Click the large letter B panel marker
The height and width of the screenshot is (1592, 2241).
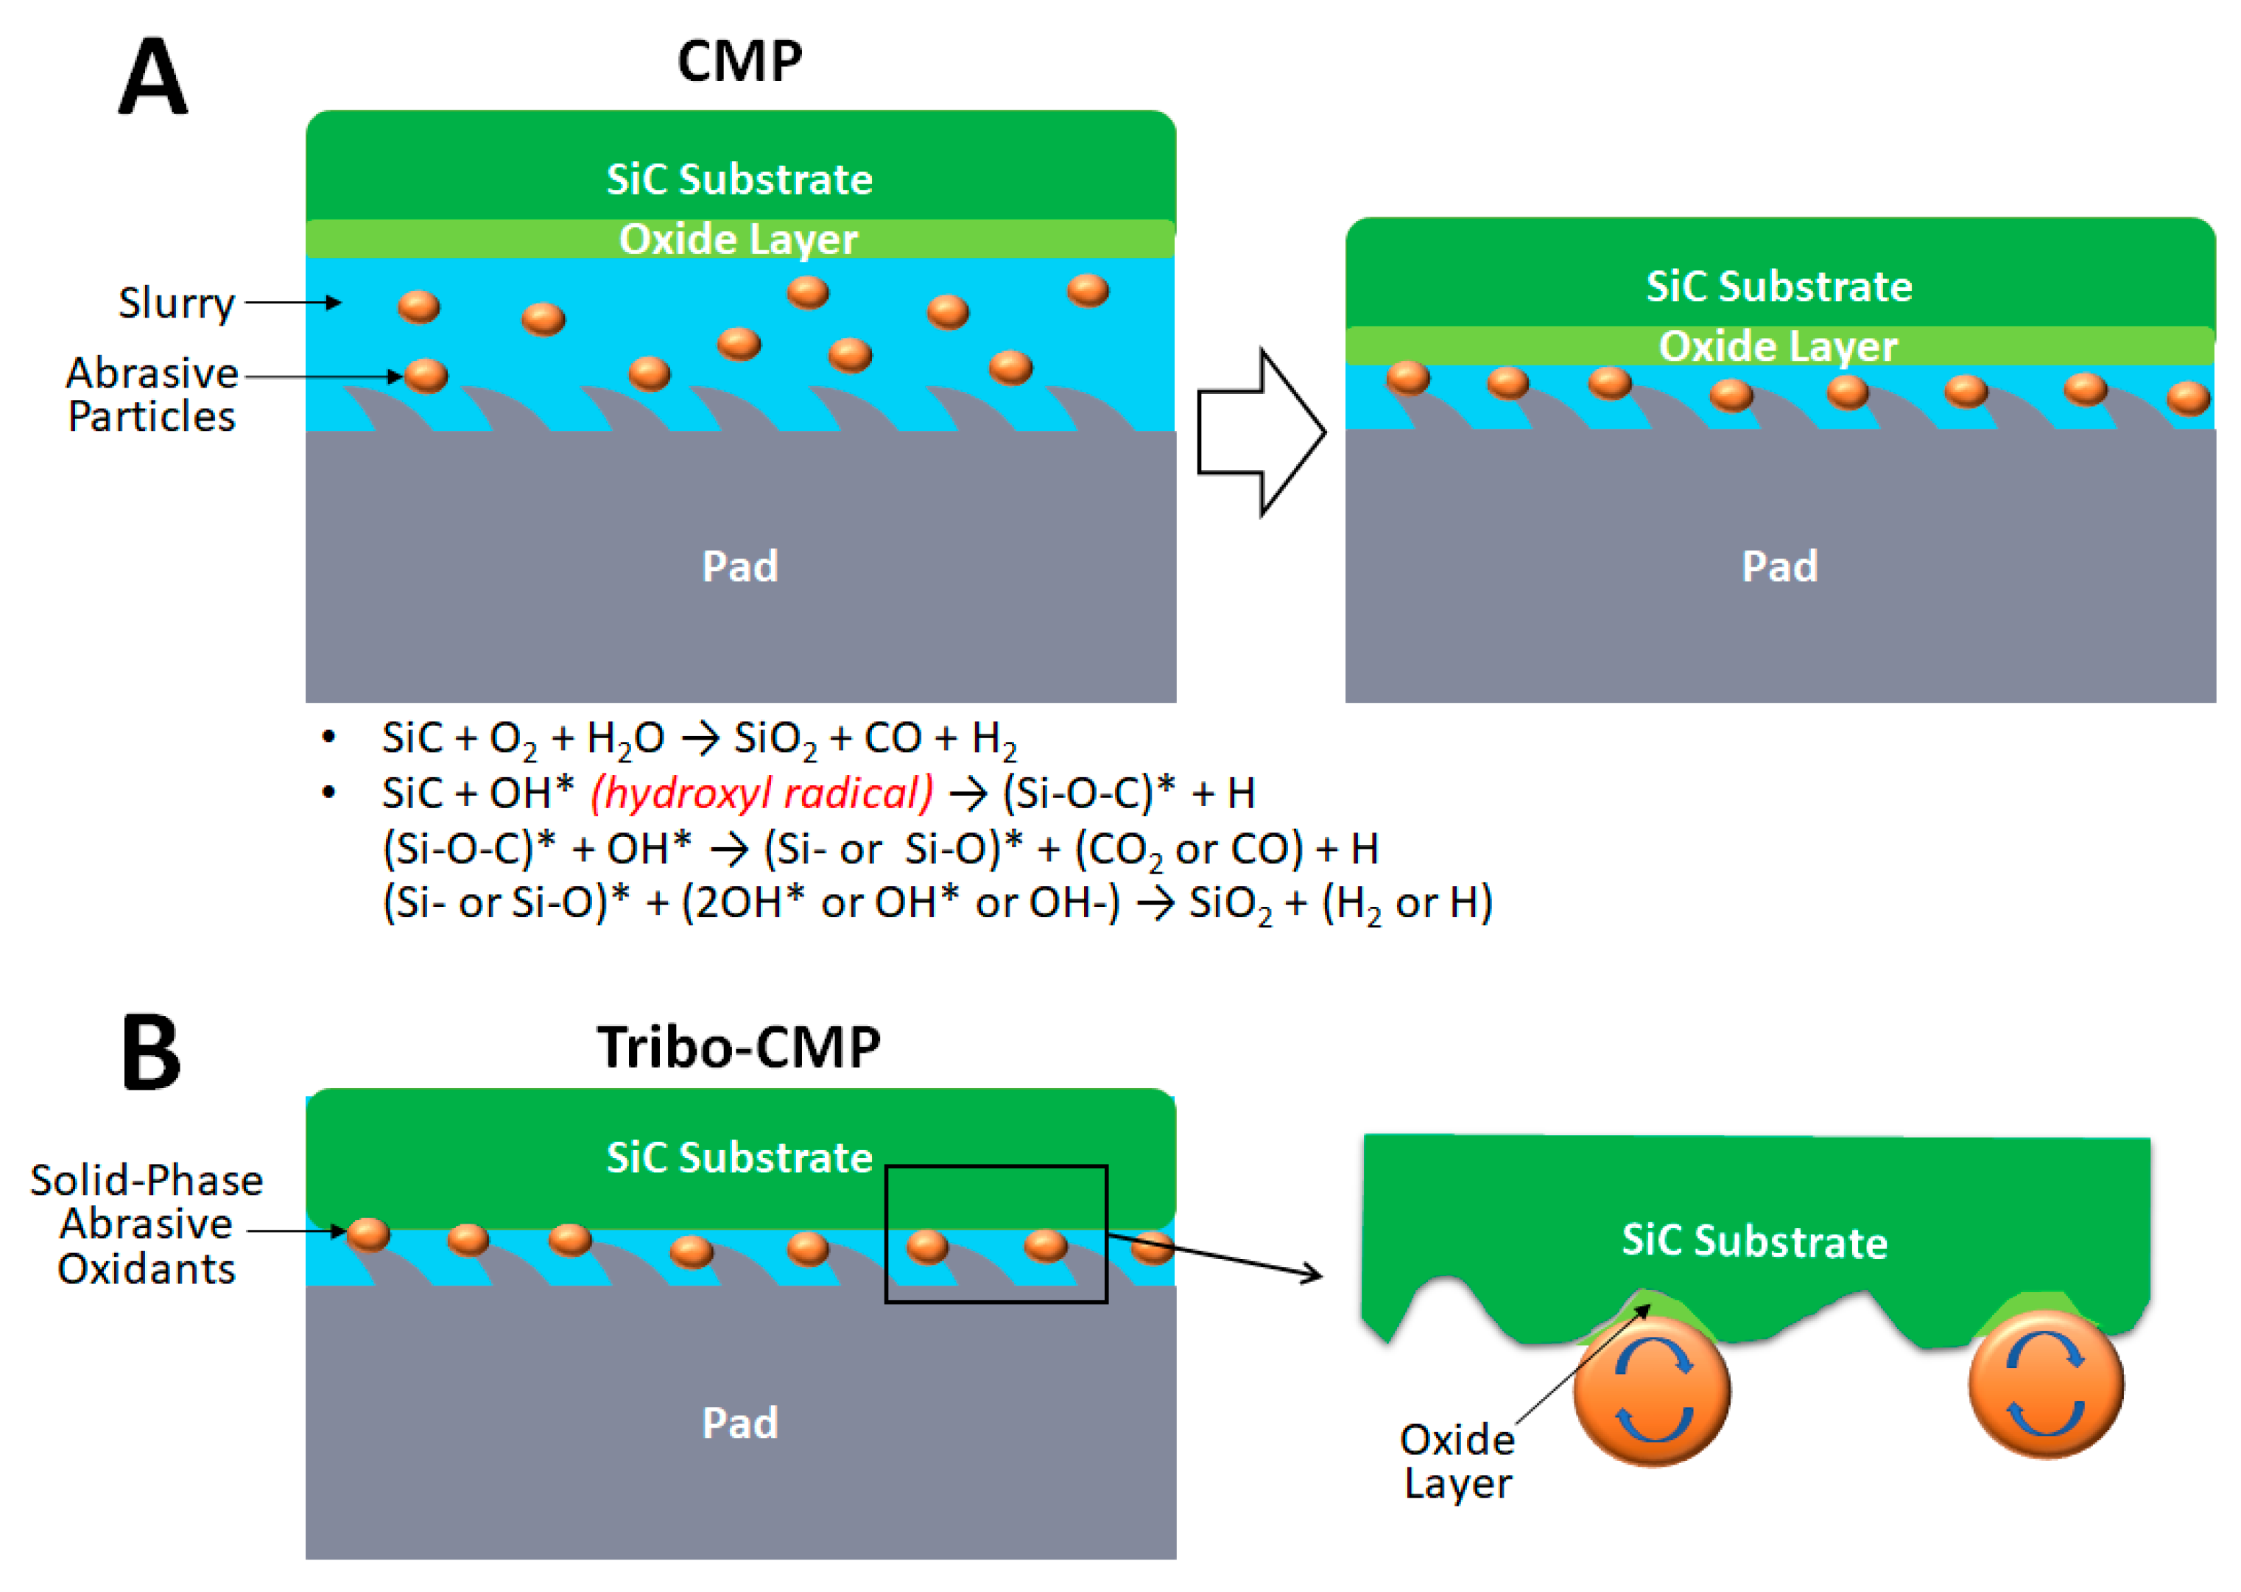(151, 1052)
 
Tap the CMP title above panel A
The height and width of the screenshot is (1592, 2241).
(740, 62)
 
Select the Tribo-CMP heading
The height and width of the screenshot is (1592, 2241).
(739, 1047)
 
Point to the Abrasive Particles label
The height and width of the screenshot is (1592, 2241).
(152, 394)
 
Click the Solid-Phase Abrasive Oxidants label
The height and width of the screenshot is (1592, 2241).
(147, 1224)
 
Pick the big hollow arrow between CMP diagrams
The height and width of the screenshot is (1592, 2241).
(1262, 432)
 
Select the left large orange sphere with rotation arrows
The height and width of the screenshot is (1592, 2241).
(1652, 1390)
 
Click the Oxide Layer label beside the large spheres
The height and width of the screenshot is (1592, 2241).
(1458, 1462)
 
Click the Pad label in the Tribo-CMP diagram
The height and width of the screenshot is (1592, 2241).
(740, 1423)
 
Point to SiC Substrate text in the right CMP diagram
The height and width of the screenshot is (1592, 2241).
(1779, 287)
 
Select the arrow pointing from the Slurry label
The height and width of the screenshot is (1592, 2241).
(292, 303)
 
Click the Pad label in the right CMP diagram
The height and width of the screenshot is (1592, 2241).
(1779, 566)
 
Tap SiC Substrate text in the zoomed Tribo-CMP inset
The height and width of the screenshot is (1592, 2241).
(1754, 1241)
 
